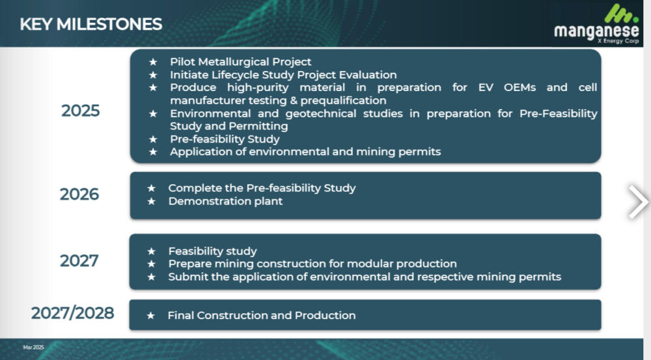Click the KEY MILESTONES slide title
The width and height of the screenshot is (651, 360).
tap(91, 24)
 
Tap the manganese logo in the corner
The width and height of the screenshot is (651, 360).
tap(596, 24)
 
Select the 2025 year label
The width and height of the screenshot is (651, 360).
tap(81, 111)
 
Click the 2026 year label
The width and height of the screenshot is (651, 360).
tap(79, 195)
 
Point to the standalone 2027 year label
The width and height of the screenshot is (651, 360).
tap(79, 261)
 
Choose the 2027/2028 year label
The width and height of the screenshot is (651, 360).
tap(73, 313)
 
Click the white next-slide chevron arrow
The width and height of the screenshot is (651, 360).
tap(638, 202)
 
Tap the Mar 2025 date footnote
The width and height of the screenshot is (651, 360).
tap(34, 347)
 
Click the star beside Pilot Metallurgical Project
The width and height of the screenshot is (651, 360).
tap(153, 62)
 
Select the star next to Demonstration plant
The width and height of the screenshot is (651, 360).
tap(152, 201)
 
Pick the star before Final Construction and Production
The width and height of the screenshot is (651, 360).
tap(151, 316)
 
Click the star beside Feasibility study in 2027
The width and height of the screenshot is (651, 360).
tap(152, 251)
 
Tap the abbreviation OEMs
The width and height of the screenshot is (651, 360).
tap(519, 88)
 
